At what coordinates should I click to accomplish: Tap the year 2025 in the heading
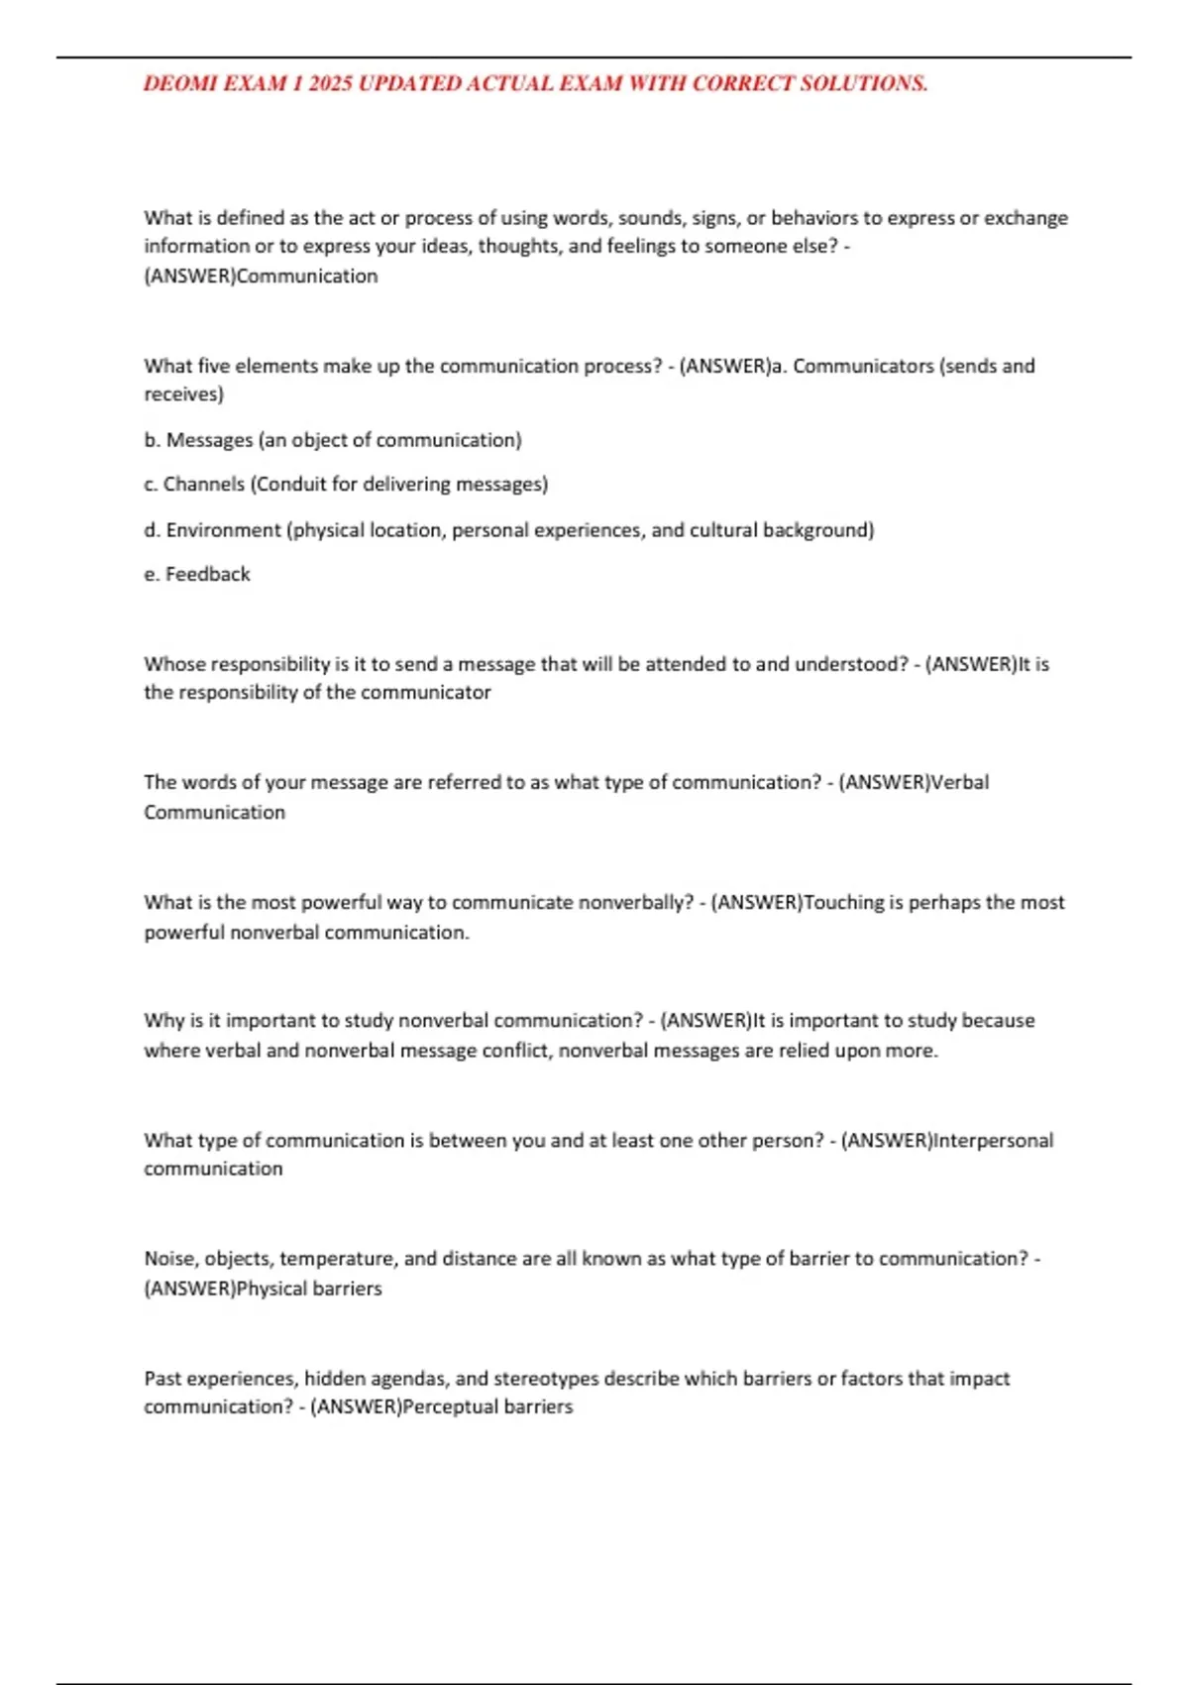330,84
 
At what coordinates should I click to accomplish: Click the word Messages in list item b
209,440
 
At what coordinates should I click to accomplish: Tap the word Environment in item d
223,530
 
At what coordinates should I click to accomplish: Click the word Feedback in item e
208,575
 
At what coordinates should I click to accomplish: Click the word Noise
170,1259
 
